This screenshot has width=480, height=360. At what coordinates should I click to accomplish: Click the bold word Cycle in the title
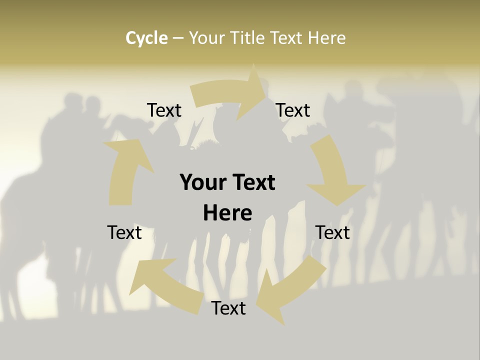pos(146,38)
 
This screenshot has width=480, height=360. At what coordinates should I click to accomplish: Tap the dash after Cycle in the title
pos(178,38)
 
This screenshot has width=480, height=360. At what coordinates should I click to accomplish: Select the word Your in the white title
pos(206,38)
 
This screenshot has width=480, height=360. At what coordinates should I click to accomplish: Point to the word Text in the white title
pos(287,38)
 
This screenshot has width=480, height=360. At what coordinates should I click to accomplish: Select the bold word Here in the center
pos(227,213)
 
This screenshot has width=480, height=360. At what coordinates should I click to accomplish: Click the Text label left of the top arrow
pos(164,110)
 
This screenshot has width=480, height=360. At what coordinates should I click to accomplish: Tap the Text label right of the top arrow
pos(293,110)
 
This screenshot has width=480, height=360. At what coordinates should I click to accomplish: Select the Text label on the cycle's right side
pos(332,233)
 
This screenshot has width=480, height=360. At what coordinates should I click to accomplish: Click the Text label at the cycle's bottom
pos(228,308)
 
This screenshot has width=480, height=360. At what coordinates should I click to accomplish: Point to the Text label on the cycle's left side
pos(124,233)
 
